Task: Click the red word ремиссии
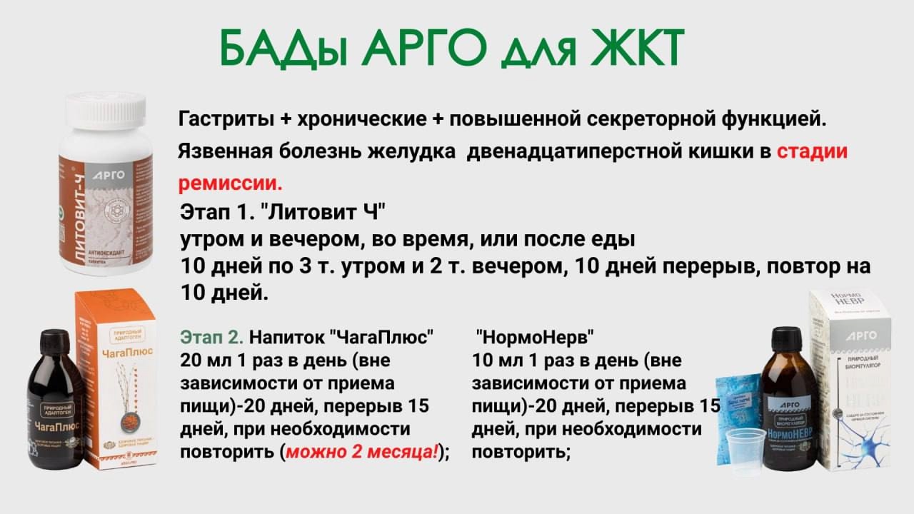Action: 230,183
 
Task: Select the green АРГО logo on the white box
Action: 861,335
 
